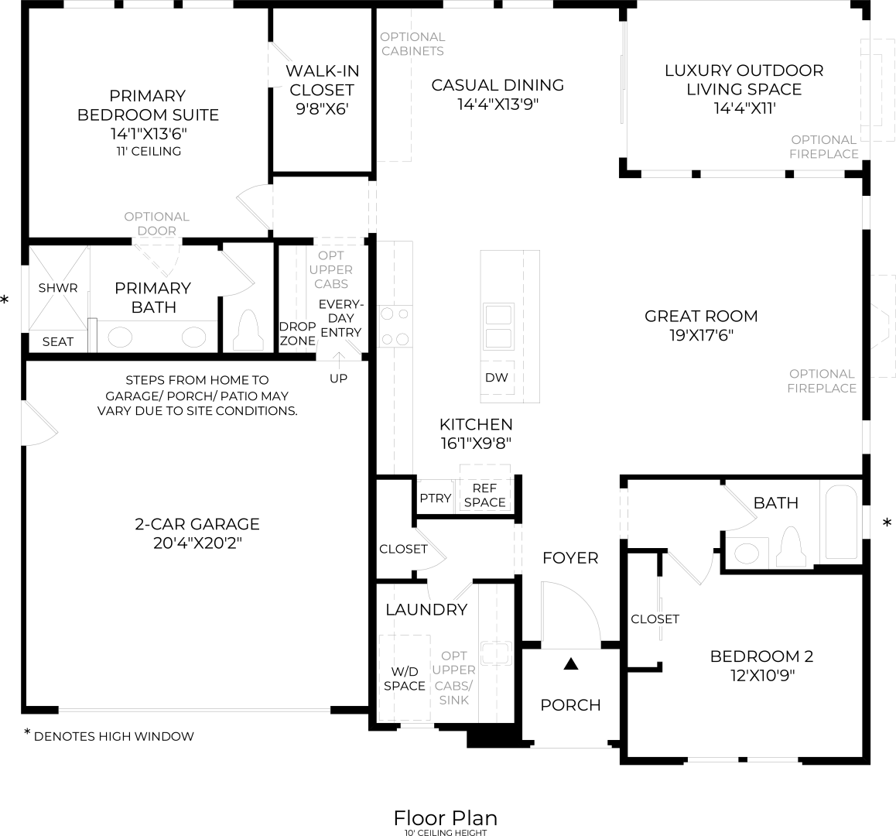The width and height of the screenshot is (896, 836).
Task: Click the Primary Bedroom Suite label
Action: click(148, 105)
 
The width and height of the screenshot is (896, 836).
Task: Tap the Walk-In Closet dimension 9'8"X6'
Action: click(322, 109)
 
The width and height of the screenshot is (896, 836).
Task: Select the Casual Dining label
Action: click(498, 85)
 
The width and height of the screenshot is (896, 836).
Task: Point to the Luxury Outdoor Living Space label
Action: click(744, 80)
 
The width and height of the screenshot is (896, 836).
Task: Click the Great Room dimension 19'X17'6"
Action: click(701, 335)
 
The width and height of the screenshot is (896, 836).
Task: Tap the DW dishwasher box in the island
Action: click(497, 378)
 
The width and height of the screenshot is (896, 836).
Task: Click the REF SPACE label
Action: click(485, 495)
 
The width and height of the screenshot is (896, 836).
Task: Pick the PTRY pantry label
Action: click(435, 499)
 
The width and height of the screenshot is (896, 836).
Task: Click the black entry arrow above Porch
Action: click(571, 663)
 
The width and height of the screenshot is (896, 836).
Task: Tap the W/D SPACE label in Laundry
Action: click(405, 678)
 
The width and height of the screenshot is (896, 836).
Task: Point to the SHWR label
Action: click(58, 288)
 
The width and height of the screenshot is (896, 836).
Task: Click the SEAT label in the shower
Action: click(58, 341)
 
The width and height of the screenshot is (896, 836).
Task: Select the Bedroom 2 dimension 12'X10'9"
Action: click(762, 675)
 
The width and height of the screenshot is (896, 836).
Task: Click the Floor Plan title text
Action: click(445, 817)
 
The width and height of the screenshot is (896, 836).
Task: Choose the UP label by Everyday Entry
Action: click(338, 379)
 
